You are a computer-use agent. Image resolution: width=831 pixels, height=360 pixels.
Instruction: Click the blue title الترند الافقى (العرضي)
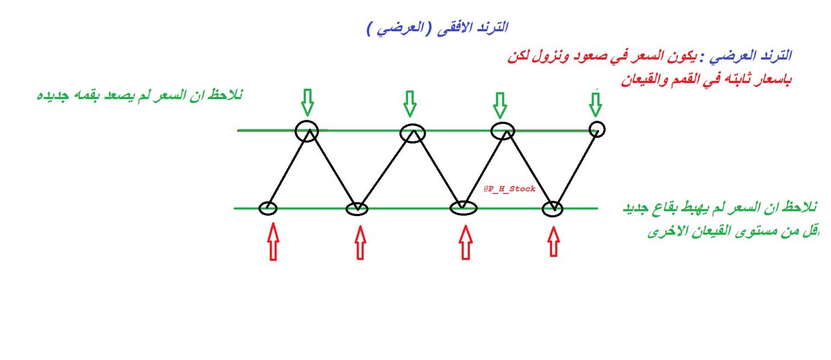point(437,28)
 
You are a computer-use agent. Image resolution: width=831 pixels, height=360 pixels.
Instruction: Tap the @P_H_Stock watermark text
point(510,188)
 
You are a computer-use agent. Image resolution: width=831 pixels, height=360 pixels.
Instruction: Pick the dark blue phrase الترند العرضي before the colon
point(756,54)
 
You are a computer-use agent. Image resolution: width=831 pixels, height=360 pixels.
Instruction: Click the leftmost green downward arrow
point(307,102)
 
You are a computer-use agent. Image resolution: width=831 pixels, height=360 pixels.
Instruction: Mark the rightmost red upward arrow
point(553,242)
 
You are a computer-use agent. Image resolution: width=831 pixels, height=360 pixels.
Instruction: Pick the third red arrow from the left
point(465,242)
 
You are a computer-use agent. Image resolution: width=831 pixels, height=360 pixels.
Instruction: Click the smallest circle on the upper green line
point(597,128)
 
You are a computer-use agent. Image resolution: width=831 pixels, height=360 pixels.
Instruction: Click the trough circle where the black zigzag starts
point(268,207)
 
